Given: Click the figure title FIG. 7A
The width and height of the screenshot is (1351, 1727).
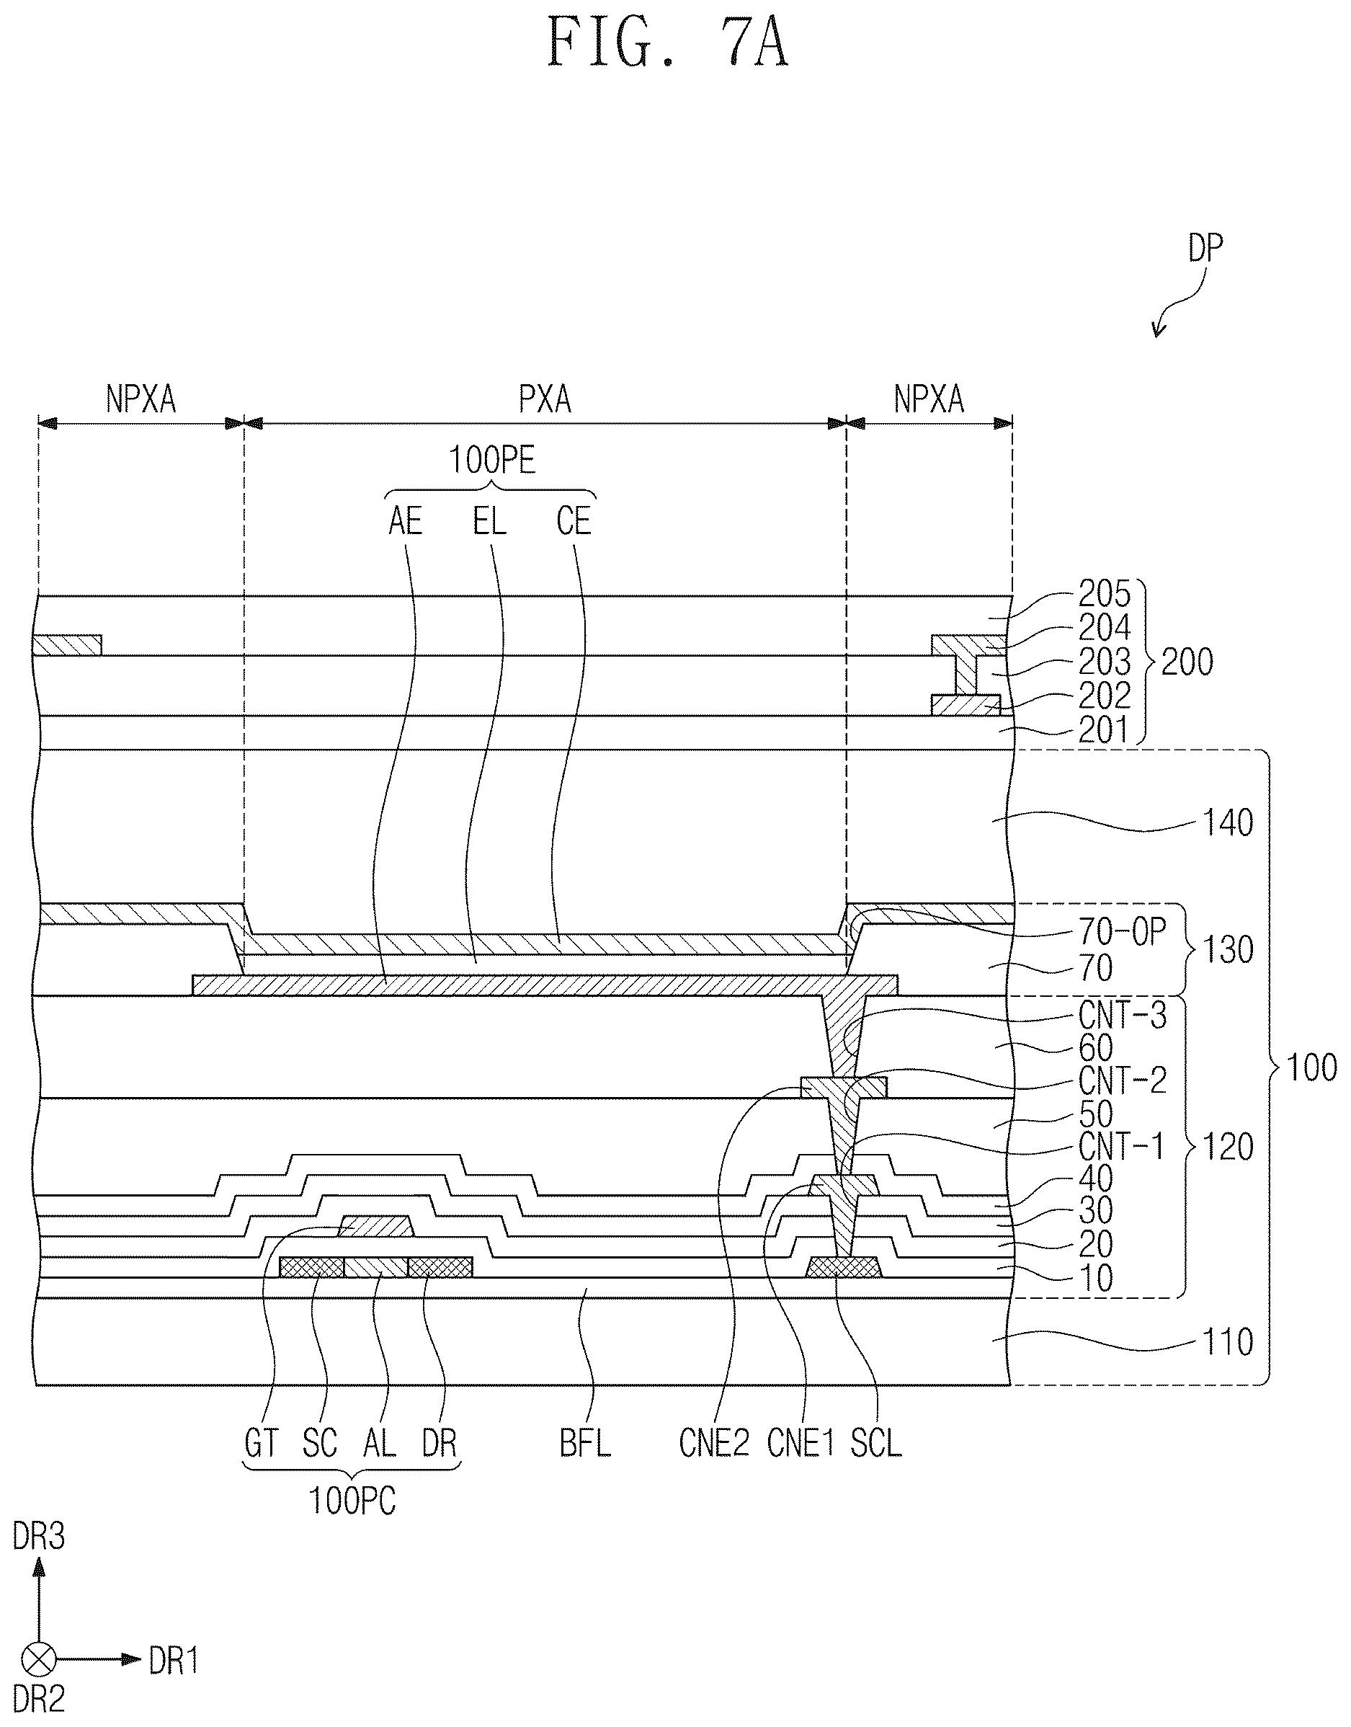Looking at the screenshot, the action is (x=669, y=43).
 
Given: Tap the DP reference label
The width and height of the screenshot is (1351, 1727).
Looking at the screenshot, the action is (x=1205, y=249).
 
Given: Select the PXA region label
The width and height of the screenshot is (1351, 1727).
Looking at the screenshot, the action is (x=545, y=399).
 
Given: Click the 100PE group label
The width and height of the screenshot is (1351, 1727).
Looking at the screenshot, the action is (x=492, y=460).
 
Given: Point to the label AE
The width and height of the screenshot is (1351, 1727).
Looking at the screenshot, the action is (x=406, y=521).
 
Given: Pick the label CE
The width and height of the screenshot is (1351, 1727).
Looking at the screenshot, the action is (x=574, y=521).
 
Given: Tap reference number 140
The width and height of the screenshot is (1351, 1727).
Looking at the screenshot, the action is (x=1228, y=824).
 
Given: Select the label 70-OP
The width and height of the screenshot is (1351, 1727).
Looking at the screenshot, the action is (x=1123, y=933).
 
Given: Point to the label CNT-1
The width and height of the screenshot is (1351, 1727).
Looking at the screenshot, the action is (x=1122, y=1146).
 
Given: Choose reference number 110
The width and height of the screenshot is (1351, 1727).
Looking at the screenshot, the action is (x=1228, y=1343).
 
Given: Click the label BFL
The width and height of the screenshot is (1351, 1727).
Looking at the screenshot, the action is (x=585, y=1444).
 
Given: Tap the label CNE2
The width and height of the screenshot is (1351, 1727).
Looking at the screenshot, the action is (x=713, y=1444).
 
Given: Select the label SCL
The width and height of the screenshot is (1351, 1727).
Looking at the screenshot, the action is (x=875, y=1444).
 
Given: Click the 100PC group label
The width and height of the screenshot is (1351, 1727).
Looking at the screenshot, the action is (x=352, y=1501).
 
